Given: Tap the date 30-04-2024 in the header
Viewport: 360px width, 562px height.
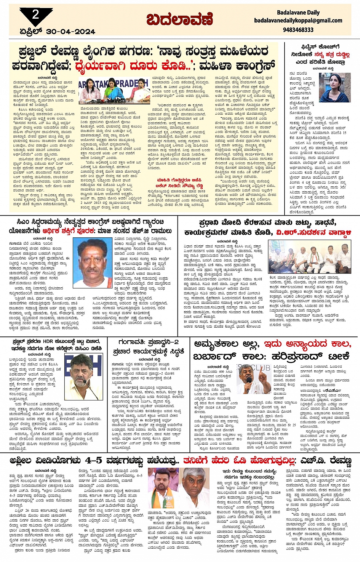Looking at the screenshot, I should click(70, 32).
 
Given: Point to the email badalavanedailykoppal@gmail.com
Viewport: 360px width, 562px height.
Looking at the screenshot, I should click(298, 21).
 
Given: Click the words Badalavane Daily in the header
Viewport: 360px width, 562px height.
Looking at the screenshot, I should click(298, 13).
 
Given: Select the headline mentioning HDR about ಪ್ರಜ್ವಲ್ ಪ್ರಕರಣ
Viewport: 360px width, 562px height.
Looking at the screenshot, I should click(55, 344).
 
